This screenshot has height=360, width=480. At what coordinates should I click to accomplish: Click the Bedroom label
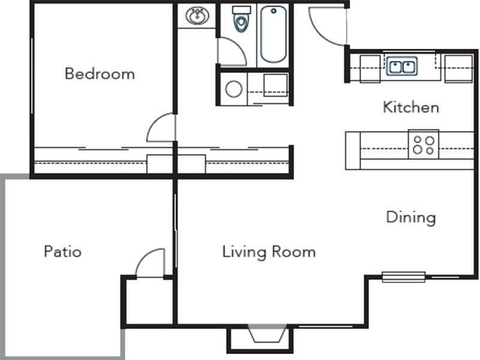pos(100,74)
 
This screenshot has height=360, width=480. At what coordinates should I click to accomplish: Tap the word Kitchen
pos(411,107)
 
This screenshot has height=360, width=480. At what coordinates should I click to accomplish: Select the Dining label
pos(410,217)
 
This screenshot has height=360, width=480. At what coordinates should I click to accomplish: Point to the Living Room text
pos(269,251)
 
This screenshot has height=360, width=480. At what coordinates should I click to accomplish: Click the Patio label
pos(62,251)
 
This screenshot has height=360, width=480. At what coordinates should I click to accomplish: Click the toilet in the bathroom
pos(241,20)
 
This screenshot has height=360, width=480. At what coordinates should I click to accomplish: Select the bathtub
pos(273,34)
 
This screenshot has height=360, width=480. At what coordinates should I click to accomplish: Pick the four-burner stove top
pos(424,145)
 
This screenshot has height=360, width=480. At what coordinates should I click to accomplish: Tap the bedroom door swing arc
pos(161,127)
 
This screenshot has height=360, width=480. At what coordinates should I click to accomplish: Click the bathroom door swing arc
pos(231,52)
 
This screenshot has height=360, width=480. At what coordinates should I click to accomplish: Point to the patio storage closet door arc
pos(150,262)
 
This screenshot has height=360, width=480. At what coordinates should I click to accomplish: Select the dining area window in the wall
pos(403,277)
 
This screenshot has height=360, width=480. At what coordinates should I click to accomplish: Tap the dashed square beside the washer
pos(275,85)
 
